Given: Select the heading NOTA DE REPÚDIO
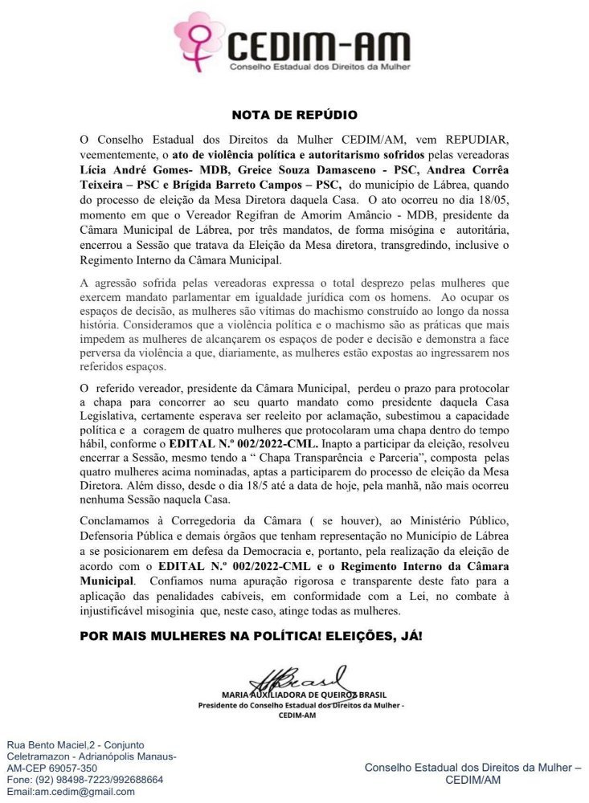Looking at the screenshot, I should [294, 116].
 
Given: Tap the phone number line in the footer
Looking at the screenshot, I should [85, 779].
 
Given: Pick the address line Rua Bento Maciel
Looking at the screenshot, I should [77, 744].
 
